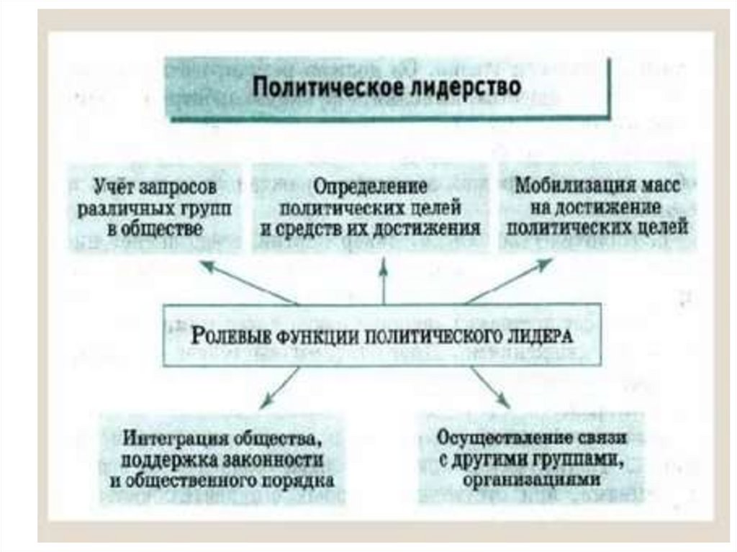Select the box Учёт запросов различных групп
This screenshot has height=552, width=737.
tap(155, 208)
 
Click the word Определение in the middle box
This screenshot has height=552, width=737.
tap(370, 186)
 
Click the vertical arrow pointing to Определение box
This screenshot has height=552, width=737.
tap(384, 281)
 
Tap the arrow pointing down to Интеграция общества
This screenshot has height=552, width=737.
tap(281, 388)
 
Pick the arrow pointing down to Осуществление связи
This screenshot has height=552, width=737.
tap(489, 388)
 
